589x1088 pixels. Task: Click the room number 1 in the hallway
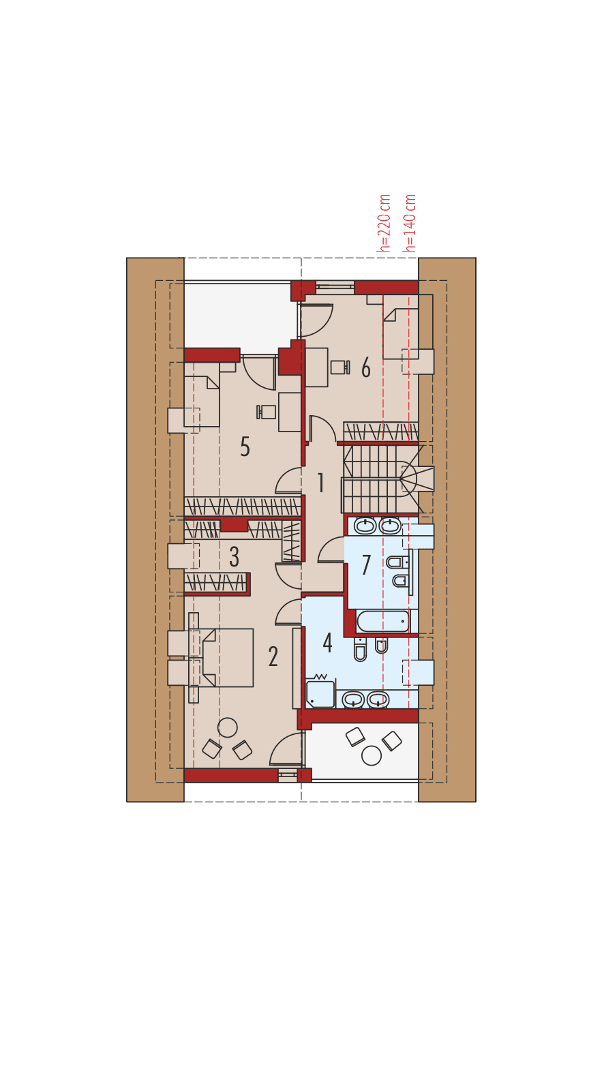point(320,483)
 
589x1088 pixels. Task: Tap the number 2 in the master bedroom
point(273,656)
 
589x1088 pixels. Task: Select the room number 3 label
point(235,557)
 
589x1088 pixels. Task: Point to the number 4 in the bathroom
point(328,642)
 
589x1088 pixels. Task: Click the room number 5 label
point(245,447)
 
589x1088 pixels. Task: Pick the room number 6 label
point(366,368)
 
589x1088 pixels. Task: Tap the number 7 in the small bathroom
point(366,564)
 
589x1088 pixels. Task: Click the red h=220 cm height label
point(385,224)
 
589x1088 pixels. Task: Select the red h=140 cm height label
point(410,223)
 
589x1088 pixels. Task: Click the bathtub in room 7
point(383,621)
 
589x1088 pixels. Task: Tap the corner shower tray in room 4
point(320,694)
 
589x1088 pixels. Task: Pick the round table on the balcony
point(372,755)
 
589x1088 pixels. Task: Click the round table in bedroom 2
point(227,727)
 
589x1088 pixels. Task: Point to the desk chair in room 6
point(339,367)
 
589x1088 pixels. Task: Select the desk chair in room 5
point(266,412)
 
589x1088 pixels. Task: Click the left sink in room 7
point(365,526)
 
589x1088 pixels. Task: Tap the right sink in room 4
point(378,699)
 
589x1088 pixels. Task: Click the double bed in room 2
point(227,658)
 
